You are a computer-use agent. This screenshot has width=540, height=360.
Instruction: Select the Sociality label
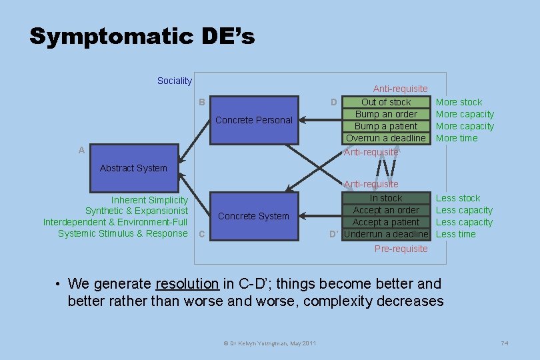point(174,81)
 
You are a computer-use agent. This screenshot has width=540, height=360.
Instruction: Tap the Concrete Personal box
point(253,120)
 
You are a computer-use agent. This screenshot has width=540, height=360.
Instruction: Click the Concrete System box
point(253,216)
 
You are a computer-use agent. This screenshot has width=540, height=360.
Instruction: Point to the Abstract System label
point(133,168)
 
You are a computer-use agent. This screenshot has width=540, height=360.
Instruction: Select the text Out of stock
point(386,102)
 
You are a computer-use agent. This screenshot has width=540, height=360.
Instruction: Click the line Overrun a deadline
point(385,138)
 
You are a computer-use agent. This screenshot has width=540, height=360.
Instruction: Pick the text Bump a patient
point(386,126)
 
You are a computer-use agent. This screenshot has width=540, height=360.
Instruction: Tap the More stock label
point(459,102)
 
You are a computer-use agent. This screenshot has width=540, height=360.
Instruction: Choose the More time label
point(457,138)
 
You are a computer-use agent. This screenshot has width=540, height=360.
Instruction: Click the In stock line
point(386,198)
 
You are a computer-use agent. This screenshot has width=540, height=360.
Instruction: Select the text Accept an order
point(386,210)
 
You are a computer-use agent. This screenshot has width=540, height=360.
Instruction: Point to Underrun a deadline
point(386,234)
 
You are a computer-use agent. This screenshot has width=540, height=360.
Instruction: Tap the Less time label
point(456,234)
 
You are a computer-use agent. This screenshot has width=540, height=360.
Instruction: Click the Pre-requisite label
point(401,249)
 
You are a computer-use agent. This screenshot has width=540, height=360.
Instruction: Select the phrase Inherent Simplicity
point(149,200)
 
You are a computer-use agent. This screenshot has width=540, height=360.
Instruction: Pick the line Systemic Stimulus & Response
point(123,233)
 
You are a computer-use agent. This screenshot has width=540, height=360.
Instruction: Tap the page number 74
point(505,343)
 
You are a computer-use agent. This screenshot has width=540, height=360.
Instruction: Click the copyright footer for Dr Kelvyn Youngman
point(269,343)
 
